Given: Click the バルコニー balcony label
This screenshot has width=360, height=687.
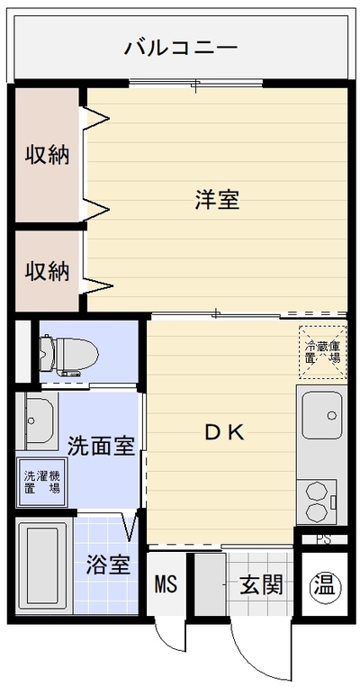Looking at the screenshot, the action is [180, 48].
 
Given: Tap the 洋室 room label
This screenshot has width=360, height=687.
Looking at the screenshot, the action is [217, 200].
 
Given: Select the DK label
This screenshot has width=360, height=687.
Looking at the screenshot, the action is [225, 433].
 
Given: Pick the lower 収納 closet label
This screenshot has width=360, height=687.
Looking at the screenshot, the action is [47, 271].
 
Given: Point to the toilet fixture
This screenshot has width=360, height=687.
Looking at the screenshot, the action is [67, 355].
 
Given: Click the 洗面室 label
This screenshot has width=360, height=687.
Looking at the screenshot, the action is [101, 446].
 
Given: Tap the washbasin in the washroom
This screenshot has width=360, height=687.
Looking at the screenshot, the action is [37, 420].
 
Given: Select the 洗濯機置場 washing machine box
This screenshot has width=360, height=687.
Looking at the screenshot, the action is [42, 482].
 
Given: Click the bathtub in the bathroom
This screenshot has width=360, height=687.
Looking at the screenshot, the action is [43, 565].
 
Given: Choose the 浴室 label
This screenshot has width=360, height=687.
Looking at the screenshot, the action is [108, 565].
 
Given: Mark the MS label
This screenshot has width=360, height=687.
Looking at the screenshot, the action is [166, 584].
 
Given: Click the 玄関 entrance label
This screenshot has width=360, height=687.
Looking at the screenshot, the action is [261, 584].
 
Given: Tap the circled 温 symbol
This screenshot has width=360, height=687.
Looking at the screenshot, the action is [325, 585].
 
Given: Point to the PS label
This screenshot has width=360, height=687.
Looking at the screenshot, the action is [324, 539].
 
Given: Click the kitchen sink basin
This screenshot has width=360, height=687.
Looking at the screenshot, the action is [322, 415].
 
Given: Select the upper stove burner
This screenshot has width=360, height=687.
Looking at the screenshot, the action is [316, 491].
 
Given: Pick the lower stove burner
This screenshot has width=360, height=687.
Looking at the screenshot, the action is [316, 511].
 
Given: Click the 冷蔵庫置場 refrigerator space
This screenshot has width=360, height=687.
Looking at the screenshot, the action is [323, 351].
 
